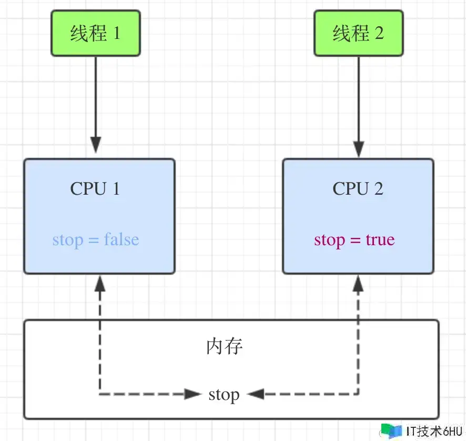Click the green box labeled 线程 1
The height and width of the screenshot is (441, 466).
click(96, 34)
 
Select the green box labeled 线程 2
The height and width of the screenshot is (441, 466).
click(359, 34)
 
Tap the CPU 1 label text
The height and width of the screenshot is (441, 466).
click(95, 188)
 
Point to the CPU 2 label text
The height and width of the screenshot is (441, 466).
click(358, 188)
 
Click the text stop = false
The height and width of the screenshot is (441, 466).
click(96, 240)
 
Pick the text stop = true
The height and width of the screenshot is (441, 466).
click(354, 240)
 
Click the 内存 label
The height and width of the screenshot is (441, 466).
click(225, 347)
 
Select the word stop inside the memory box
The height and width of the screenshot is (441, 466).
click(224, 394)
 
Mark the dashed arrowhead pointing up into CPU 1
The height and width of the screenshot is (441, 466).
click(99, 284)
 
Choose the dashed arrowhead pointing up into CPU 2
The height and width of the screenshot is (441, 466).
click(359, 284)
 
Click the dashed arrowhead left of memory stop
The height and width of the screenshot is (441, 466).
click(193, 394)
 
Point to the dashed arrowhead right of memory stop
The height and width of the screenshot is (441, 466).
click(256, 394)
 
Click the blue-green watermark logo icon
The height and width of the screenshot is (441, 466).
click(391, 430)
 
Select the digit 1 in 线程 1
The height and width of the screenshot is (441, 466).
click(116, 34)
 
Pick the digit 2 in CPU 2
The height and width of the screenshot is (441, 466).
click(378, 188)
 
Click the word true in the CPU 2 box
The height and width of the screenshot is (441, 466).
click(380, 240)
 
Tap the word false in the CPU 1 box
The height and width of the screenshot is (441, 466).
click(121, 240)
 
